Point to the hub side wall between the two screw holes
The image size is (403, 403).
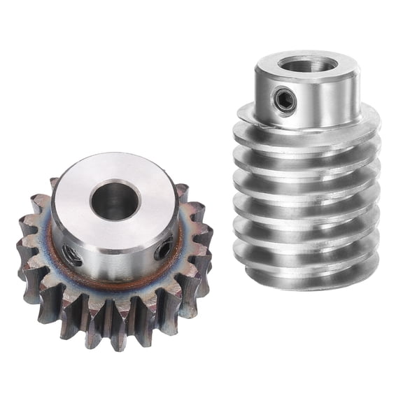115,262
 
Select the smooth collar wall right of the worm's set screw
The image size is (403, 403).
329,105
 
